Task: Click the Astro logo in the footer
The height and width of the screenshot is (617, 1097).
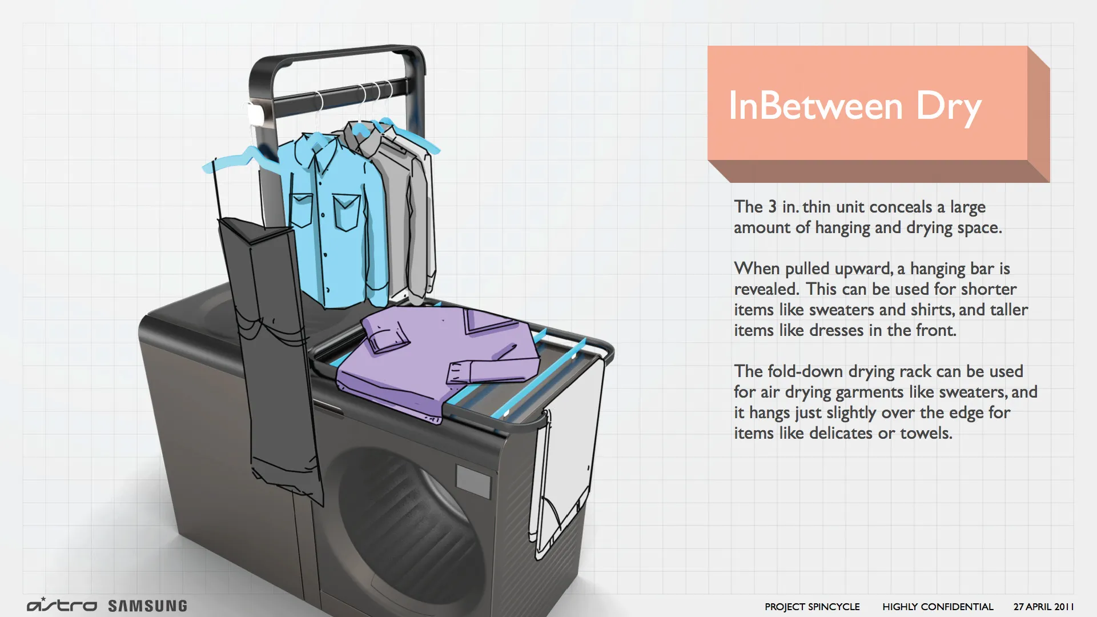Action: pos(62,604)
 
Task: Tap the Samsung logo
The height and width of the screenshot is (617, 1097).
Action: pos(147,606)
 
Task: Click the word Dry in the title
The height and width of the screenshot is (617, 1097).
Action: pos(949,107)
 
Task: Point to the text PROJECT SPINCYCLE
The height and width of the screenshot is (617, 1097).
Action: pos(812,607)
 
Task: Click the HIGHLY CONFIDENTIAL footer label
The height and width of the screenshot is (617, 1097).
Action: pos(938,607)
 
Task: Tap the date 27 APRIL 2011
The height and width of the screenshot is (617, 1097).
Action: pos(1043,607)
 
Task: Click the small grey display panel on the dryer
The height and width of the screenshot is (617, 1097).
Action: pos(473,480)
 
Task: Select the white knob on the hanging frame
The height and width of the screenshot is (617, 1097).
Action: pos(255,114)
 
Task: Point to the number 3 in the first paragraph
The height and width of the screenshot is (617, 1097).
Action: pos(772,206)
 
